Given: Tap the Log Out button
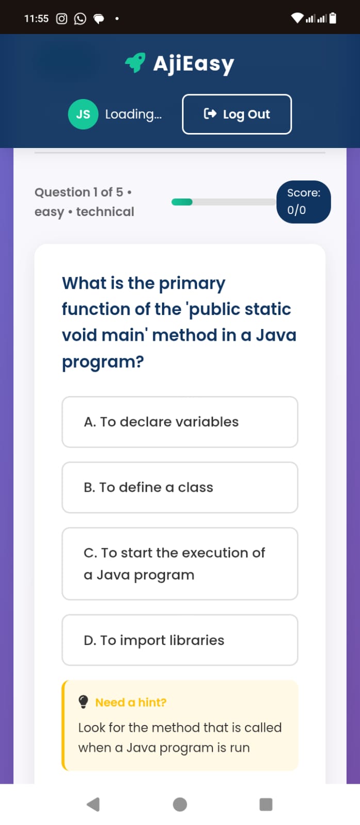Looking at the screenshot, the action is (237, 114).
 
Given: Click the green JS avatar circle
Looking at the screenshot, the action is (83, 114).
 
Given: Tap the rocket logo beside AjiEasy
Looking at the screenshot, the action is (135, 62).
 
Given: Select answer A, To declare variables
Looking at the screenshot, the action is (180, 422).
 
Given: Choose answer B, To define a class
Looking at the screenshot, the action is (180, 488).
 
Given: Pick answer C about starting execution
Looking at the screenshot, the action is (180, 564).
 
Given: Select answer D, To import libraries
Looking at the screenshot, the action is (180, 640).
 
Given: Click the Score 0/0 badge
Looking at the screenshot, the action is (304, 202).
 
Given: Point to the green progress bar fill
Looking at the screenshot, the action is (182, 202).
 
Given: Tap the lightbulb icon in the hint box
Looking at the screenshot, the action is (84, 702).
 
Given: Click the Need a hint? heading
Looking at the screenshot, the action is (131, 702).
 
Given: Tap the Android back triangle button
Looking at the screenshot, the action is (93, 804).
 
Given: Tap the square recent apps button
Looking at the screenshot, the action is (266, 804).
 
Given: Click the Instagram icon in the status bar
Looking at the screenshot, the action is (61, 19).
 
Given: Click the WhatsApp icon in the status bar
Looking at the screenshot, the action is (80, 19).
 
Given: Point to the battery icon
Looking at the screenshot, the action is (333, 18).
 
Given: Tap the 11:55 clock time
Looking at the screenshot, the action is (36, 19).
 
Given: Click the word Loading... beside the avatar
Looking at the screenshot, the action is (134, 114).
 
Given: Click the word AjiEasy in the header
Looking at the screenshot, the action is (194, 64).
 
